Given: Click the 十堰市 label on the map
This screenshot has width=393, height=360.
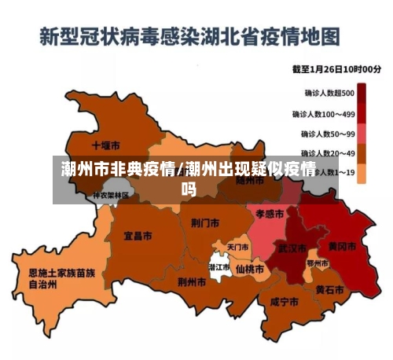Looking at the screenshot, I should tap(105, 146).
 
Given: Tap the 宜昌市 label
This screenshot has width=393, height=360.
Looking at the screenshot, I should tap(138, 235).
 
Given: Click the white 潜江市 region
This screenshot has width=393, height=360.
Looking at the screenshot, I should tap(219, 267).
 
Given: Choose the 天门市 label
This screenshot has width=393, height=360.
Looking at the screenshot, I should tap(237, 248).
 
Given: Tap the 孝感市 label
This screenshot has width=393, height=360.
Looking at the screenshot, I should tap(269, 213).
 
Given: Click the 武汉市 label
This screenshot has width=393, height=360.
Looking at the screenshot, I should tap(292, 248).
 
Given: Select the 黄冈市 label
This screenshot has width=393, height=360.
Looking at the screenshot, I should tap(342, 246).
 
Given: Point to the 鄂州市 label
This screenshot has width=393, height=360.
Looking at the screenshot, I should tap(318, 263).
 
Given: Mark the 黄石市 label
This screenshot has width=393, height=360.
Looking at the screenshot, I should tap(329, 289).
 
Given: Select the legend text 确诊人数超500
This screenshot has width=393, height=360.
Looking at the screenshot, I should tap(329, 93).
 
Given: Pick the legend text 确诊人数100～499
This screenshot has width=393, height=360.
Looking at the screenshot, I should tap(329, 114).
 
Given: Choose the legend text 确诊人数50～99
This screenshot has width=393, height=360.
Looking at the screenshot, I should tap(329, 134).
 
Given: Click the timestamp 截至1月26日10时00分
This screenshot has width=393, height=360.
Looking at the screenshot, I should tap(337, 69).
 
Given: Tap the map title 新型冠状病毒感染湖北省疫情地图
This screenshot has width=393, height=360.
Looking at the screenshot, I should tap(189, 36).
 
